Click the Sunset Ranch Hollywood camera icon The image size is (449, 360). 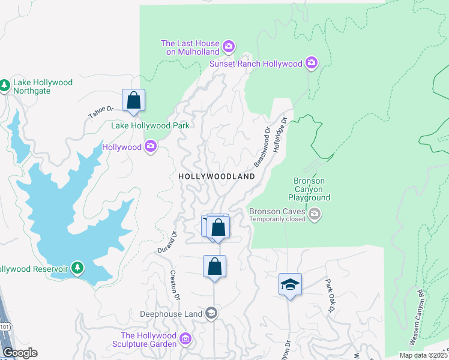pyautogui.click(x=311, y=62)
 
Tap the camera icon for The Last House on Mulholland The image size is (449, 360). pyautogui.click(x=228, y=46)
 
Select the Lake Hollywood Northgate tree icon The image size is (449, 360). pyautogui.click(x=5, y=86)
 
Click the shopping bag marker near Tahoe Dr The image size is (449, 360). pyautogui.click(x=133, y=100)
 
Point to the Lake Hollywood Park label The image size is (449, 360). pyautogui.click(x=150, y=125)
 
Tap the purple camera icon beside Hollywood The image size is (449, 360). pyautogui.click(x=151, y=146)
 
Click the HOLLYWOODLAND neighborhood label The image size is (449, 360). pyautogui.click(x=216, y=176)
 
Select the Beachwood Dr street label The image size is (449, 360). pyautogui.click(x=262, y=146)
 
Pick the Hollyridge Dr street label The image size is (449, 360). pyautogui.click(x=281, y=136)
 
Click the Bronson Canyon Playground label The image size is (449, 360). pyautogui.click(x=309, y=189)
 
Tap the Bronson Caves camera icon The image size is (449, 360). pyautogui.click(x=314, y=214)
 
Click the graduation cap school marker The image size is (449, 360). pyautogui.click(x=290, y=284)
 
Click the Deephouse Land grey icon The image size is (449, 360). pyautogui.click(x=211, y=313)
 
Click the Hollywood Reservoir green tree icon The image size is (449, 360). pyautogui.click(x=77, y=268)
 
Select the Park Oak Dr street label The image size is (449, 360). pyautogui.click(x=329, y=296)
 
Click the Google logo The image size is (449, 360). pyautogui.click(x=19, y=352)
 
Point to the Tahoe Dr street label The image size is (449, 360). pyautogui.click(x=101, y=112)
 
